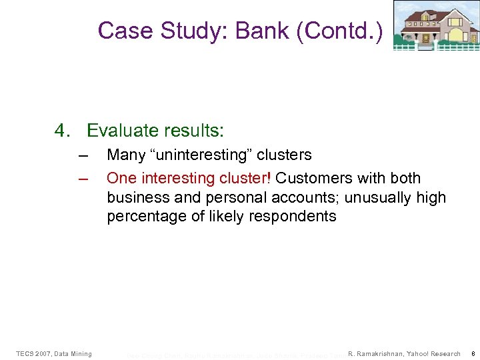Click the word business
pyautogui.click(x=137, y=198)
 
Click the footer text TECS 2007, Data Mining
pyautogui.click(x=54, y=353)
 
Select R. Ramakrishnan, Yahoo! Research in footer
pyautogui.click(x=404, y=353)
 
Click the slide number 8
pyautogui.click(x=471, y=353)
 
